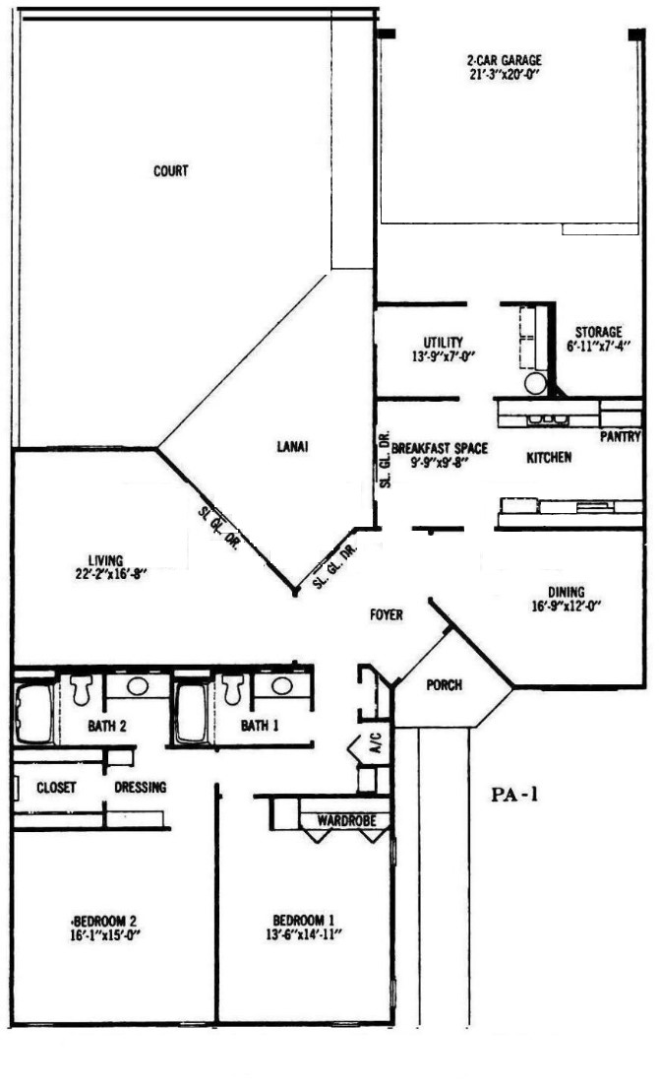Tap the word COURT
point(171,170)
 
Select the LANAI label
point(292,447)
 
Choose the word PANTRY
point(621,437)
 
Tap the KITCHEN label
point(549,457)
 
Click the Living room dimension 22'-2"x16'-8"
point(106,573)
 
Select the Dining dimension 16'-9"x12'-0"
point(566,605)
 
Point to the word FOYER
point(387,614)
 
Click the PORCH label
point(445,684)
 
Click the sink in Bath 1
point(281,685)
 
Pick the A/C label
point(376,750)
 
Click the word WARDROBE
point(346,820)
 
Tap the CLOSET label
point(56,788)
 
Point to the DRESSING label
point(141,787)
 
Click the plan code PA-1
point(514,795)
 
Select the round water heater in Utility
point(536,383)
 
